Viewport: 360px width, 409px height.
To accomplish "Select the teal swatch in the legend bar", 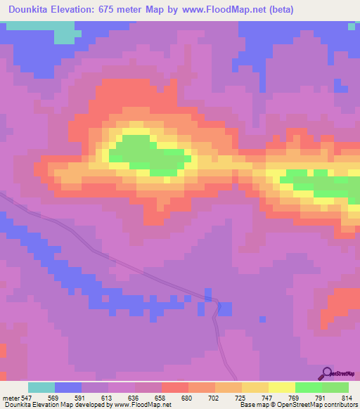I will pyautogui.click(x=41, y=387).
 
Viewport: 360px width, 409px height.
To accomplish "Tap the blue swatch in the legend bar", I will pyautogui.click(x=68, y=387).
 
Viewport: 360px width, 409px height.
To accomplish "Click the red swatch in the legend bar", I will pyautogui.click(x=175, y=387).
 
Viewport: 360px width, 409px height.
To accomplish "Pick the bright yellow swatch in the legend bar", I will pyautogui.click(x=282, y=387).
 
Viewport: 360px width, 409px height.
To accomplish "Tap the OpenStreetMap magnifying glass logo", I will pyautogui.click(x=326, y=373).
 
